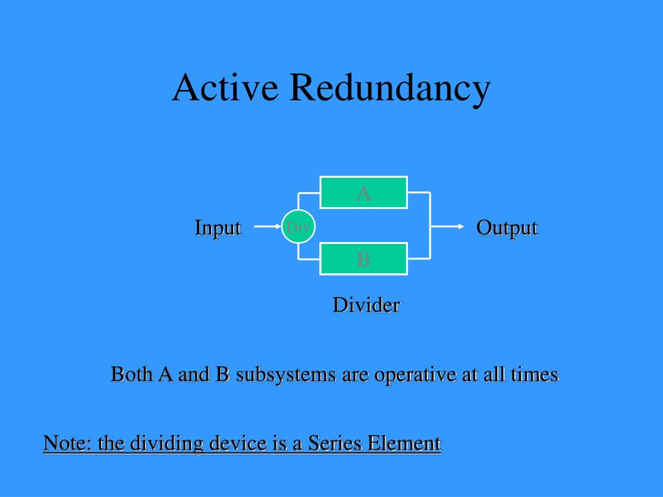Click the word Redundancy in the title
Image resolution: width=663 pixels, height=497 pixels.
click(389, 88)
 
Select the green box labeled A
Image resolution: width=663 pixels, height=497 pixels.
click(364, 192)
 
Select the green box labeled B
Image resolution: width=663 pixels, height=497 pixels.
click(364, 259)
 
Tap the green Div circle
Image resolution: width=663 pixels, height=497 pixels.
click(298, 227)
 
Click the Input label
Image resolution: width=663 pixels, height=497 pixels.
click(218, 228)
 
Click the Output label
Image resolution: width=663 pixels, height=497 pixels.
click(506, 228)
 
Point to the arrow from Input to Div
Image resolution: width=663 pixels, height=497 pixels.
click(266, 227)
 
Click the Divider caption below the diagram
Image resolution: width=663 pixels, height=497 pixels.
click(366, 305)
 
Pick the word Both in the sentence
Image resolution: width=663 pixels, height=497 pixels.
click(133, 374)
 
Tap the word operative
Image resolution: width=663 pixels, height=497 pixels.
click(406, 375)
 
